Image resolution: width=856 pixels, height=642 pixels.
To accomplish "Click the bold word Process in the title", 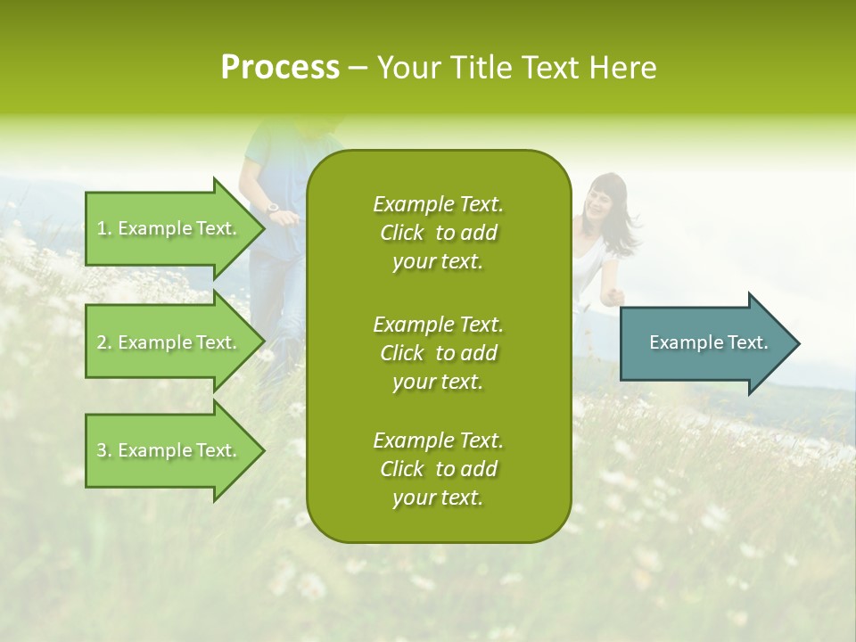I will (x=280, y=68).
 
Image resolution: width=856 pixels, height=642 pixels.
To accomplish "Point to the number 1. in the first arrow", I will (x=104, y=228).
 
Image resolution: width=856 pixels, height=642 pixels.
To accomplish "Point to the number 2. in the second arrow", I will (x=104, y=342).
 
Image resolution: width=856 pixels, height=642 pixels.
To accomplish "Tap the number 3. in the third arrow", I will (x=104, y=450).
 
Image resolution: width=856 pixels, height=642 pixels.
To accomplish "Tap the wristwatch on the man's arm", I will (x=273, y=208).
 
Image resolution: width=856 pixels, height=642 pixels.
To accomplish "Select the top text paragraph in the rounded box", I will (x=438, y=233).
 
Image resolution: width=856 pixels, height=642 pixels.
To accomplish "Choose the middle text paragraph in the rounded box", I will (x=438, y=352).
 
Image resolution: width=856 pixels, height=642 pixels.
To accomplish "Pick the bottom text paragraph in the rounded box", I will (x=438, y=469).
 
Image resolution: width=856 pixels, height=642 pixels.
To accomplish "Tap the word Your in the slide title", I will (x=407, y=68).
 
